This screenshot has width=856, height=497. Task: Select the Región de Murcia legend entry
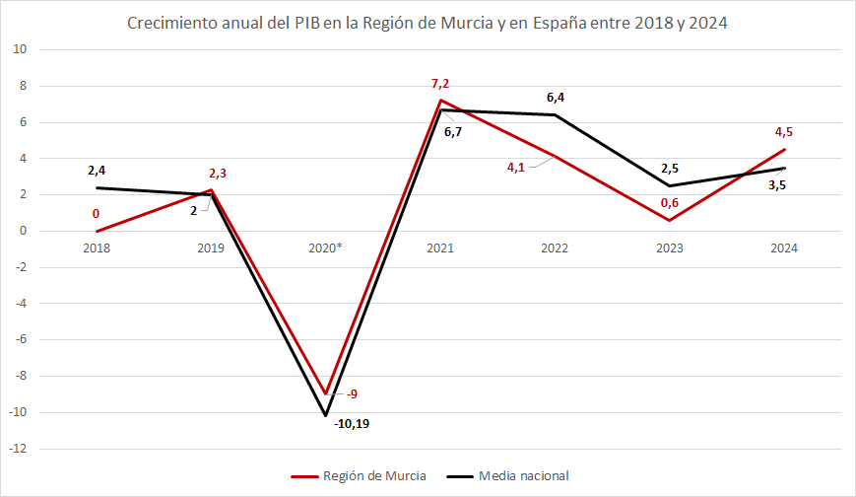click(374, 476)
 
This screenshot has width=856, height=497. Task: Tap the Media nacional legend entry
click(524, 476)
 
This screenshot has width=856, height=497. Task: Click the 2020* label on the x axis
click(324, 248)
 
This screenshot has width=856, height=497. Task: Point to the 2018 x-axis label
click(96, 248)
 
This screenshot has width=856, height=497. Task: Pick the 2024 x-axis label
click(784, 248)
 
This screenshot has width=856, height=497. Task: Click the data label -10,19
click(352, 424)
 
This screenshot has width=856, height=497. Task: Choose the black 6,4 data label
click(556, 97)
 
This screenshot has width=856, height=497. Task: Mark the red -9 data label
click(352, 394)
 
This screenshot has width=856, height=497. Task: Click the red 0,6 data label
click(669, 204)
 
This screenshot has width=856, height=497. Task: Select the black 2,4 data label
click(96, 170)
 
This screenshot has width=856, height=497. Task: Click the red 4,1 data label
click(516, 167)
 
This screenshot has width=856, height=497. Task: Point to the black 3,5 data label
click(776, 185)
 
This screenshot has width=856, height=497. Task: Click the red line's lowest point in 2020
click(325, 394)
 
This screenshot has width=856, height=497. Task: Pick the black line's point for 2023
click(669, 185)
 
